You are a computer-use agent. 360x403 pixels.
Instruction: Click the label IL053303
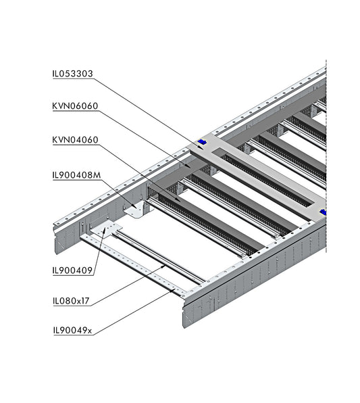[72, 74]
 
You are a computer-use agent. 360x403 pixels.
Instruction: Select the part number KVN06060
[75, 106]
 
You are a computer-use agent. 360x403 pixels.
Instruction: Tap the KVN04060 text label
[75, 140]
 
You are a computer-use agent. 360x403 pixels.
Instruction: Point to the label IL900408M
[76, 175]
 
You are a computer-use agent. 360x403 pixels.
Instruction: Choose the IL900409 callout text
[72, 270]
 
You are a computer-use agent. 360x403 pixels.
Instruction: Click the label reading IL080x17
[71, 301]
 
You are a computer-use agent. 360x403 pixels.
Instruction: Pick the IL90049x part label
[72, 330]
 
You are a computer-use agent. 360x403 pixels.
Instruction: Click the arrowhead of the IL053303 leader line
[201, 147]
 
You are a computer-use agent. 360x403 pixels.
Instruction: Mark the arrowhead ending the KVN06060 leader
[188, 166]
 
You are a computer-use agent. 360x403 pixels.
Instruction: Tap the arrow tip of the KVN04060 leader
[179, 200]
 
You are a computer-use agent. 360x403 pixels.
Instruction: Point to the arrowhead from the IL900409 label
[105, 229]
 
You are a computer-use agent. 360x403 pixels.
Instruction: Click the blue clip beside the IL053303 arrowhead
[202, 142]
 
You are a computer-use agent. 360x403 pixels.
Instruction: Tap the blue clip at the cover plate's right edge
[323, 212]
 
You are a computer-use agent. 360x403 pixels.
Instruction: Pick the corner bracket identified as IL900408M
[135, 209]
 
